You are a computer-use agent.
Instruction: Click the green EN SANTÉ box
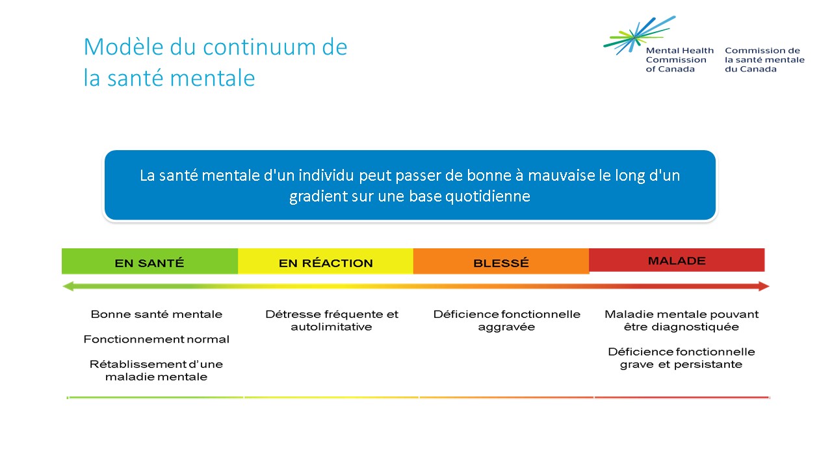point(149,261)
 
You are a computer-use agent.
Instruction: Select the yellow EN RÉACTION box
point(326,261)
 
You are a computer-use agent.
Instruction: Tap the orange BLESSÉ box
point(501,261)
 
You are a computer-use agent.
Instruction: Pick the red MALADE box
point(677,260)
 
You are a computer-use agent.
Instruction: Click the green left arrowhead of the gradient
point(68,287)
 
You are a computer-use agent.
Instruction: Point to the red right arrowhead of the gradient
point(764,287)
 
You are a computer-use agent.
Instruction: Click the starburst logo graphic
point(640,35)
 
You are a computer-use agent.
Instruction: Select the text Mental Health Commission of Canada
point(680,60)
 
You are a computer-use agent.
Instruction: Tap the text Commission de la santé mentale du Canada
point(764,60)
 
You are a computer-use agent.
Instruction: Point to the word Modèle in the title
point(123,47)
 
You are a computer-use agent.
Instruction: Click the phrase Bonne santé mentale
point(157,314)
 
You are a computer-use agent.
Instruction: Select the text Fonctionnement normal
point(157,339)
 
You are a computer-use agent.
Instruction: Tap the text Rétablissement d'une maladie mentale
point(157,370)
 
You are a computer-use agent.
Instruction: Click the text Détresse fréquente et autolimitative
point(331,320)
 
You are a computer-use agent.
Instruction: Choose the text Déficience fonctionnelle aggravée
point(506,320)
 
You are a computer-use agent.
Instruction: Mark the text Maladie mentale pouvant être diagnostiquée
point(682,320)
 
